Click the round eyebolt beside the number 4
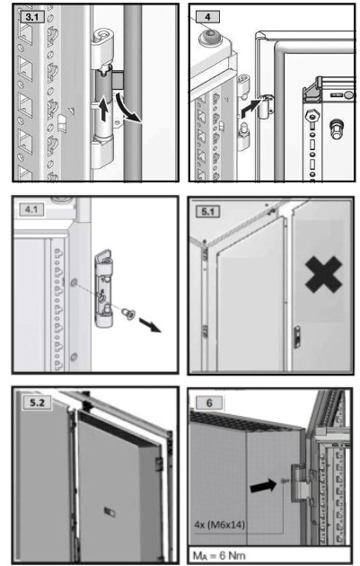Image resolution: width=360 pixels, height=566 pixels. [x=214, y=37]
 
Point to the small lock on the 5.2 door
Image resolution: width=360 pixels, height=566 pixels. [x=110, y=510]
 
